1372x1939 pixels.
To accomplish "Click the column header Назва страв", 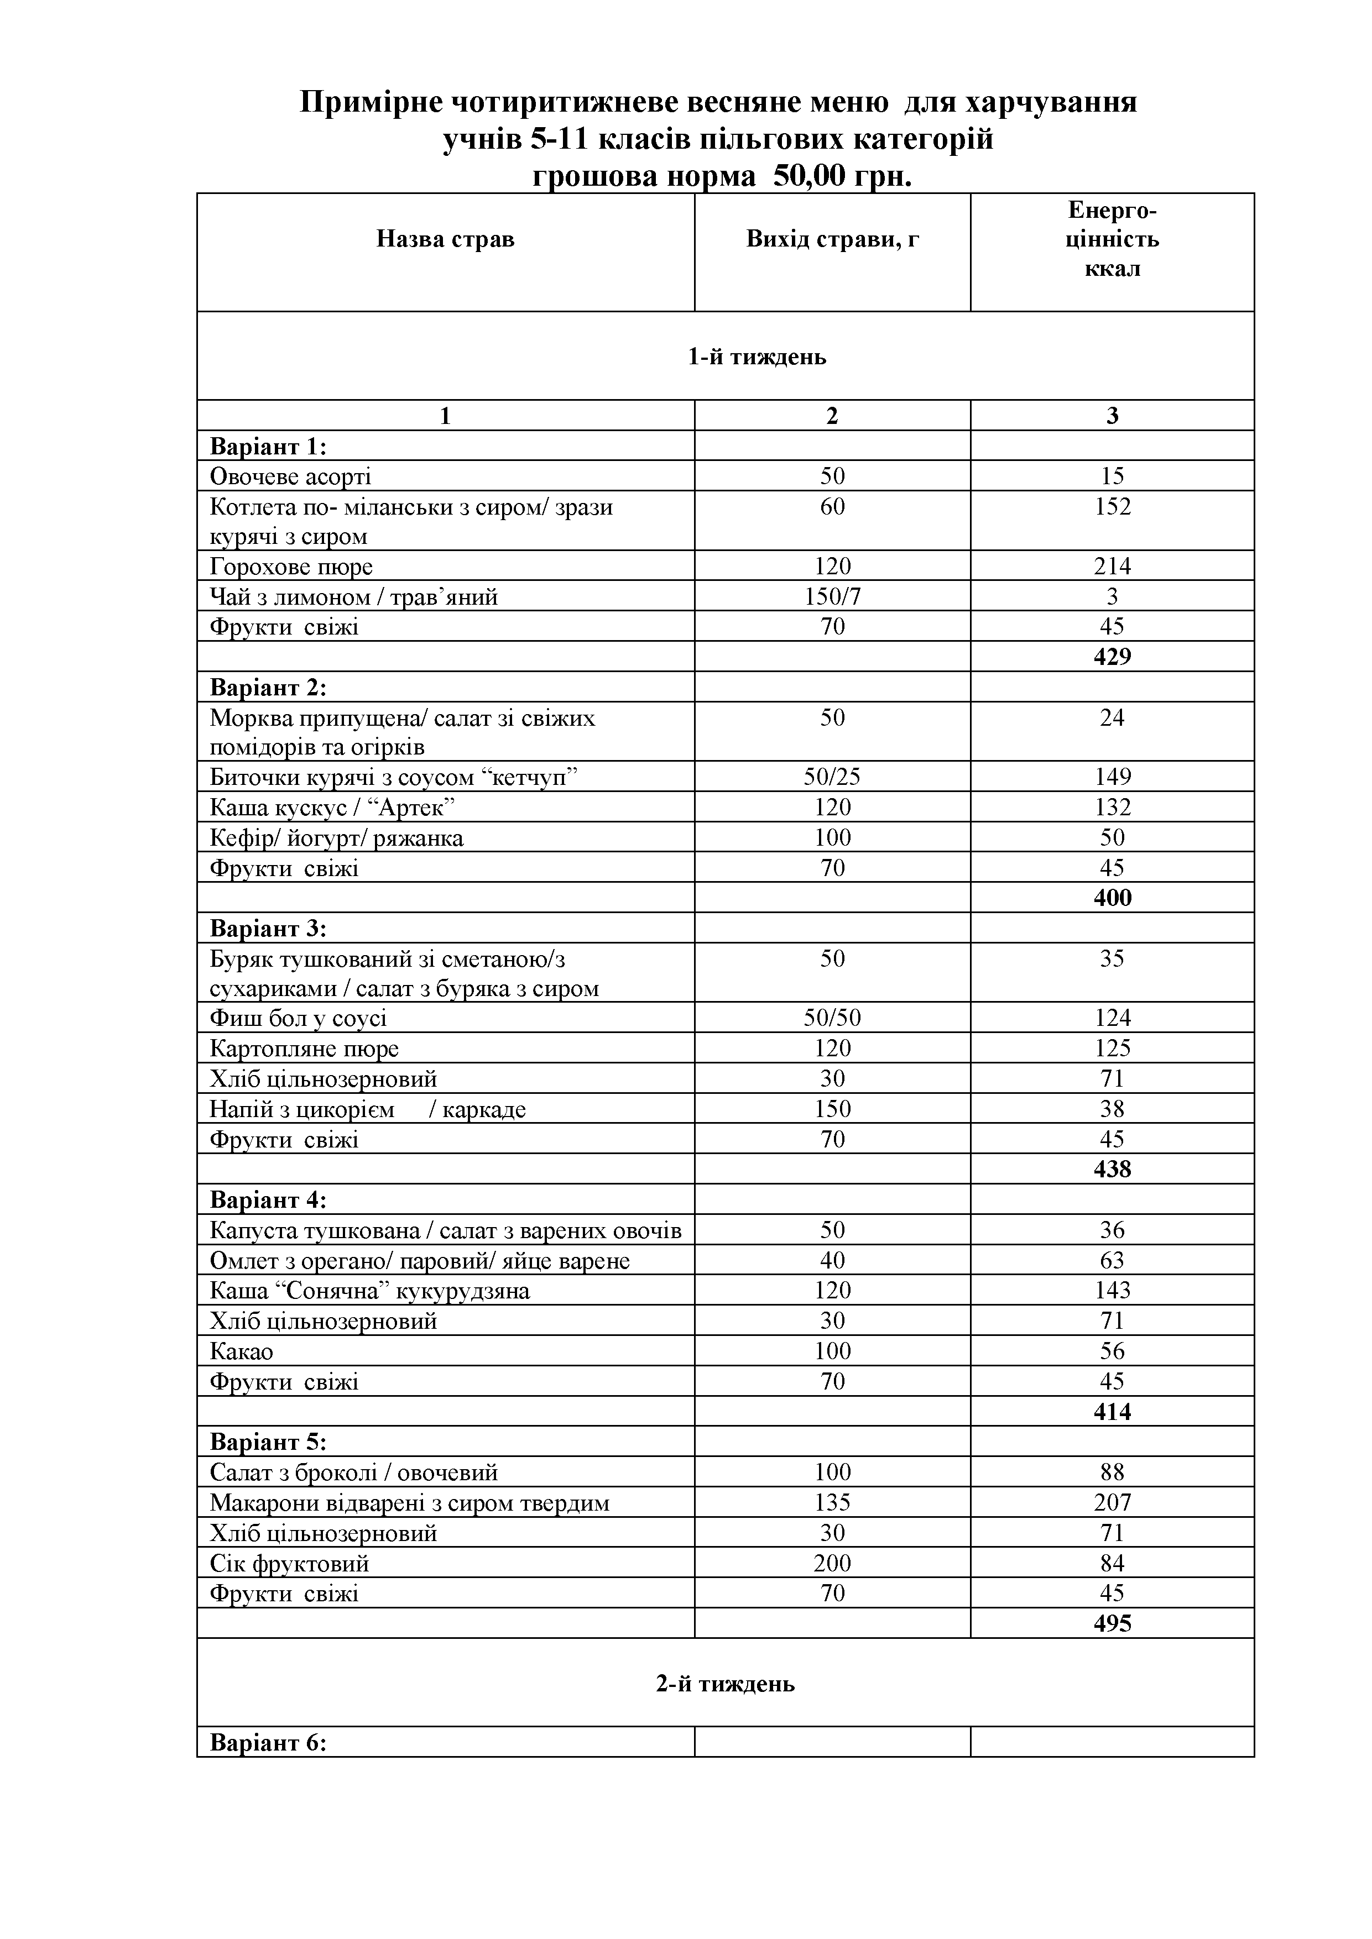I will click(x=445, y=240).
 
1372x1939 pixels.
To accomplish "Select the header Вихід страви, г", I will click(x=832, y=240).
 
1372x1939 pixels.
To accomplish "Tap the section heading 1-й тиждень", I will click(x=757, y=357).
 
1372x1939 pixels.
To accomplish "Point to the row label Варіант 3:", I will click(x=268, y=929).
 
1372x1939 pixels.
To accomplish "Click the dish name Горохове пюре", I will click(x=291, y=566).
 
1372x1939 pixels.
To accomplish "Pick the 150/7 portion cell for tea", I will click(x=832, y=597).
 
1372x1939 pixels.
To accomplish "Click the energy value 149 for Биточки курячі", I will click(x=1112, y=777).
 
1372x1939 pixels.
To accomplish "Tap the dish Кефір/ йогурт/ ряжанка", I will click(x=336, y=838).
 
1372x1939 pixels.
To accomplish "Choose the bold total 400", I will click(x=1112, y=897).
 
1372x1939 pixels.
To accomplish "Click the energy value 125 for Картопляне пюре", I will click(x=1112, y=1049).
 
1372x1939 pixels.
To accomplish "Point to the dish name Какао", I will click(x=242, y=1351).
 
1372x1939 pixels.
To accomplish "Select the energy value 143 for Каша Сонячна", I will click(x=1112, y=1291).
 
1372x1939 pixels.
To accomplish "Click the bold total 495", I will click(x=1112, y=1623).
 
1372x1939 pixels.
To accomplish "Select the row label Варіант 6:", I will click(x=268, y=1743).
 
